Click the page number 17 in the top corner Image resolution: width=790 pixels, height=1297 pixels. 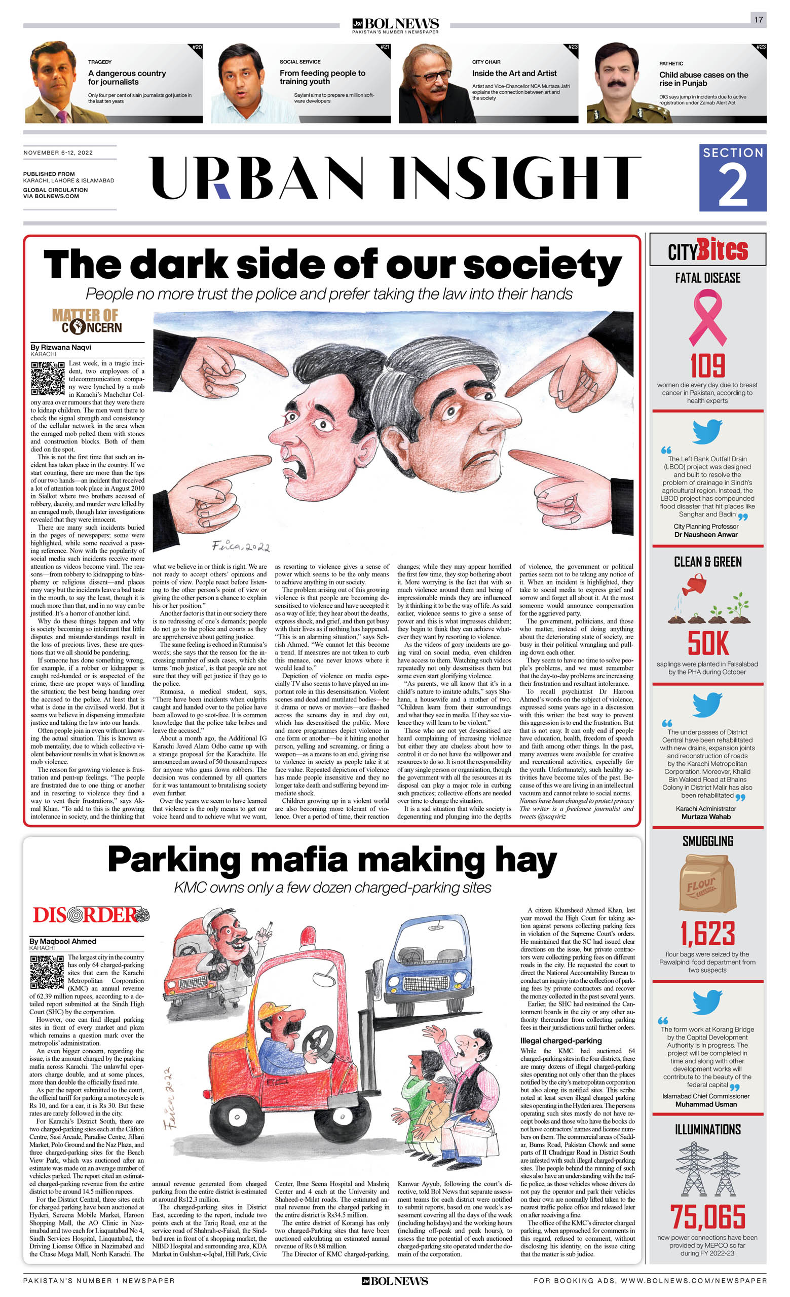(758, 19)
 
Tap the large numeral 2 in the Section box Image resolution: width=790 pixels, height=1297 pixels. (732, 186)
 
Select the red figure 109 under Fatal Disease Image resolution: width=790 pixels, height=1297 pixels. (707, 366)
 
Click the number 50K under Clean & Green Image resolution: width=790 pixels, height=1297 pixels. (708, 643)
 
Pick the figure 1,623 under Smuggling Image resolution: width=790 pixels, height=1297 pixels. (707, 934)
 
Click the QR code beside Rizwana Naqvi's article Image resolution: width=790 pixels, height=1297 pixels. (48, 378)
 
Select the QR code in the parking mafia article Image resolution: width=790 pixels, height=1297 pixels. (47, 972)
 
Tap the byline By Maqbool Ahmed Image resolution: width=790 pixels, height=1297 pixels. (63, 941)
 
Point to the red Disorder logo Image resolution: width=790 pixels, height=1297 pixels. (91, 915)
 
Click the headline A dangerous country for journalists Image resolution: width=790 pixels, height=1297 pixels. (127, 78)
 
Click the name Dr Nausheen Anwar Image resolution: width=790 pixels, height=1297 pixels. (706, 534)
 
